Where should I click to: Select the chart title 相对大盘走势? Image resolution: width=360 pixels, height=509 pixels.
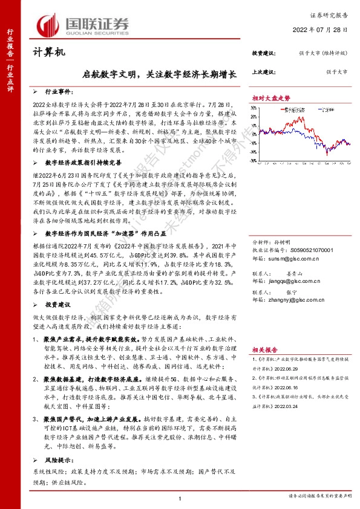pyautogui.click(x=271, y=97)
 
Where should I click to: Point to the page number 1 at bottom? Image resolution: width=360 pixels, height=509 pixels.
pyautogui.click(x=180, y=497)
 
